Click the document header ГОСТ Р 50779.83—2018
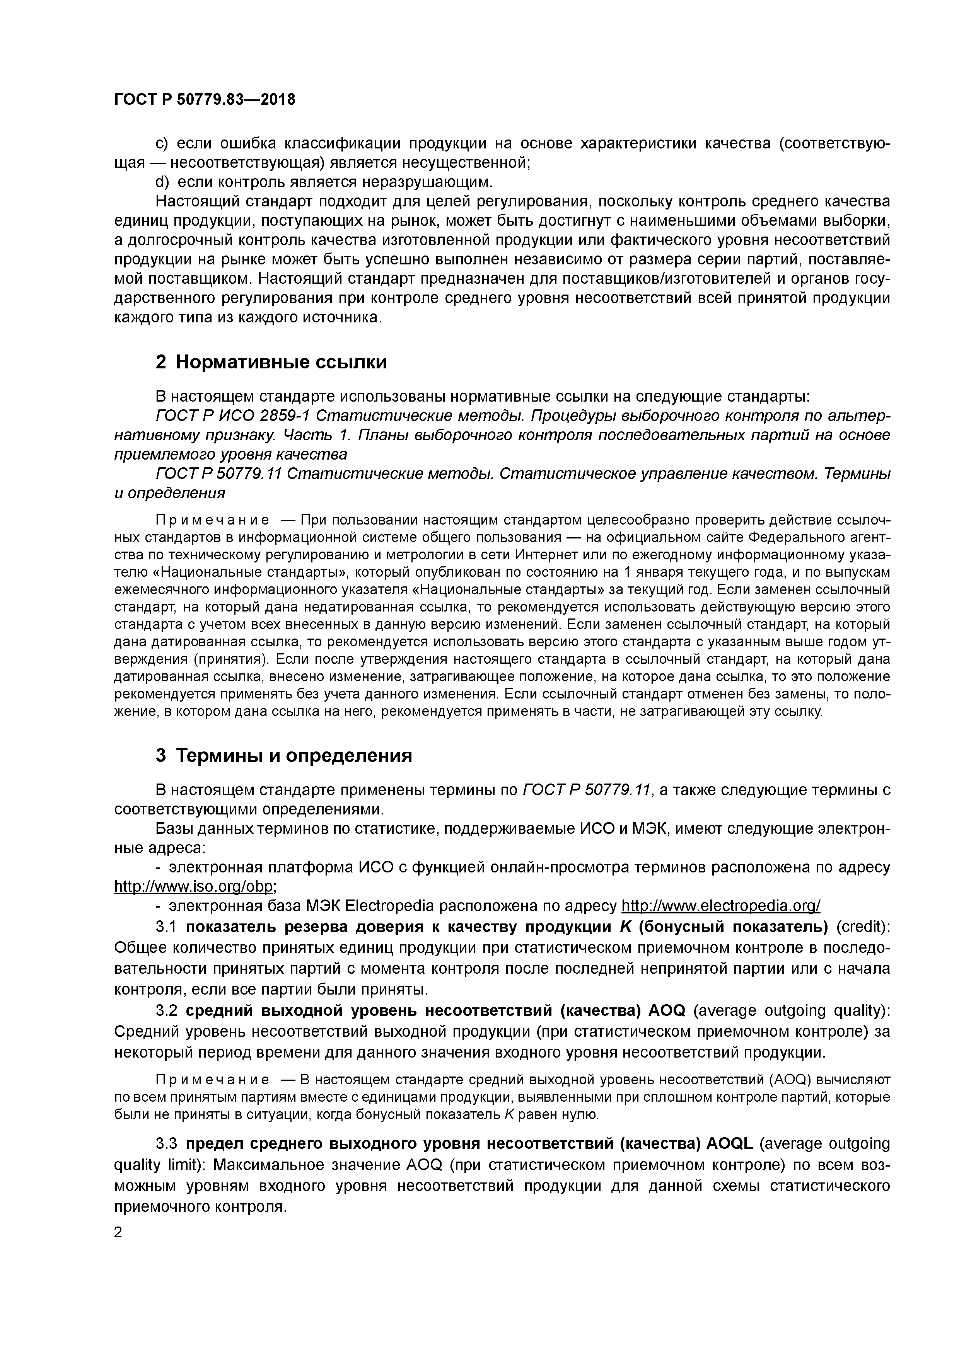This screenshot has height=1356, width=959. (205, 100)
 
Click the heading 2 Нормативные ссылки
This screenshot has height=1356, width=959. (271, 361)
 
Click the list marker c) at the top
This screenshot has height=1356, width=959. (162, 143)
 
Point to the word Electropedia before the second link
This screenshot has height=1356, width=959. (389, 905)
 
